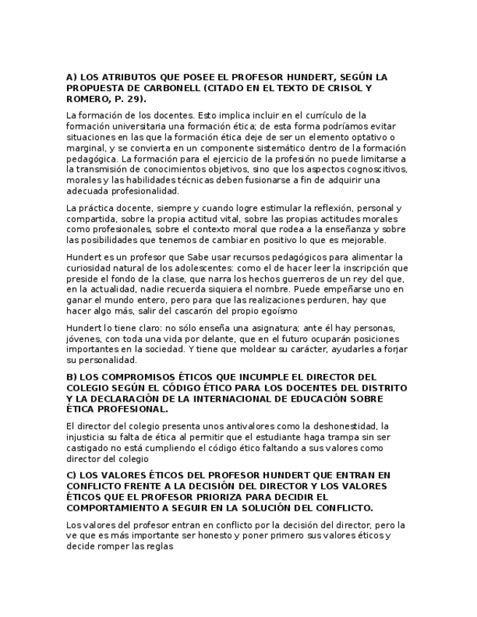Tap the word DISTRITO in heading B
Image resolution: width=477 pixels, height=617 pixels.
[x=384, y=388]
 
